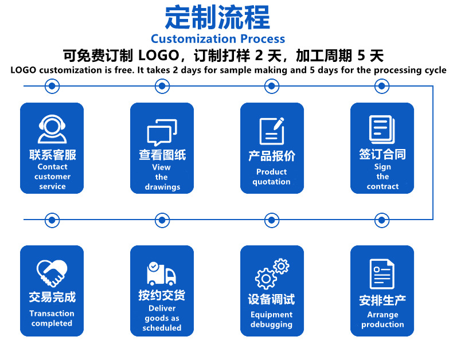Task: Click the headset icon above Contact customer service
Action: click(x=52, y=129)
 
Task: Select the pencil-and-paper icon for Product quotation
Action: click(x=272, y=130)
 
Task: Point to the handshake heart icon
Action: click(x=52, y=273)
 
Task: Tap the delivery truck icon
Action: click(x=161, y=273)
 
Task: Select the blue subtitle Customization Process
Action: click(x=218, y=39)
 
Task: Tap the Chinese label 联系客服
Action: click(x=52, y=155)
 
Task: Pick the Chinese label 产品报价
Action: click(x=272, y=156)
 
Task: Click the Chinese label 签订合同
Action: click(x=382, y=154)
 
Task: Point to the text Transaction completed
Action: click(x=52, y=318)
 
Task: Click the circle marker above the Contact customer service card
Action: click(x=52, y=86)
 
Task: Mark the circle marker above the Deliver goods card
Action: click(x=162, y=219)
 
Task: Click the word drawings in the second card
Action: click(x=162, y=187)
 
